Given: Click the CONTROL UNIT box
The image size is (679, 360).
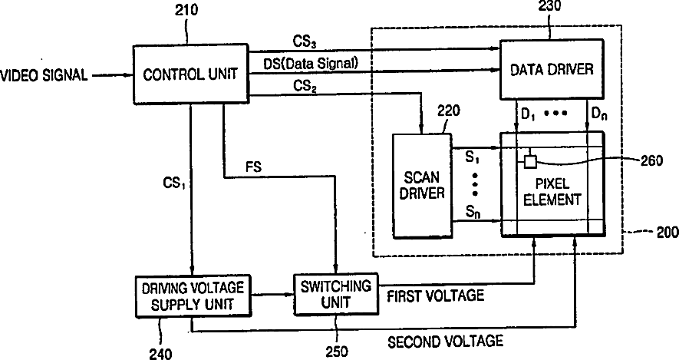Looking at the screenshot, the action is coord(190,74).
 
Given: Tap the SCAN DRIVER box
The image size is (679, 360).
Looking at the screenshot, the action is coord(422,186).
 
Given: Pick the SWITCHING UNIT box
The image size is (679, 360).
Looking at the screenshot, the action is coord(335,294).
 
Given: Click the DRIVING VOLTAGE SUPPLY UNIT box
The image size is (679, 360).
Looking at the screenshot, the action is coord(193,296).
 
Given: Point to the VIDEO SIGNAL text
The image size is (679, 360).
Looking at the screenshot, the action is coord(44,75).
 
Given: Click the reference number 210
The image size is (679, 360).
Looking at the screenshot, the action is coord(186,10).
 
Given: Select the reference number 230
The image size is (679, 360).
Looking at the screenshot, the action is coord(550,5).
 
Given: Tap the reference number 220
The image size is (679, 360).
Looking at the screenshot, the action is coord(448,111).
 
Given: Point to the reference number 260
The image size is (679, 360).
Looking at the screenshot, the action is coord(651,161).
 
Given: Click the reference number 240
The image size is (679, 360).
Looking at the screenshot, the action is coord(160,354).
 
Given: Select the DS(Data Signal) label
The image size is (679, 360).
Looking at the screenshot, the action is coord(311,64).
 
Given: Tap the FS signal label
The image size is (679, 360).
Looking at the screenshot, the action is coord(254,167).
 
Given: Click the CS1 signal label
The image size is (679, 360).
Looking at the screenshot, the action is coord(174,183).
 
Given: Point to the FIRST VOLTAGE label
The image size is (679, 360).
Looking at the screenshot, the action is coord(435,296).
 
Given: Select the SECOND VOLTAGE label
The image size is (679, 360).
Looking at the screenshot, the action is coord(445,342).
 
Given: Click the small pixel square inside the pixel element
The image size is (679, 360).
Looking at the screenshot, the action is coord(530,161).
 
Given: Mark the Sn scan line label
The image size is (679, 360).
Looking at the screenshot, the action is coord(473,213).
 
